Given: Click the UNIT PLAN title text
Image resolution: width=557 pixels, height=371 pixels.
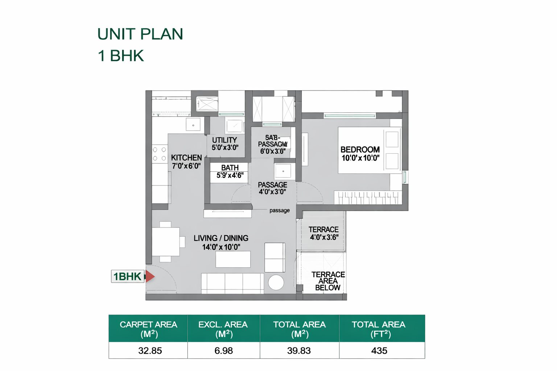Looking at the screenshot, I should (140, 34).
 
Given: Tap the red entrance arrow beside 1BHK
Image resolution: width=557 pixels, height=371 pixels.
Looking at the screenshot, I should (150, 276).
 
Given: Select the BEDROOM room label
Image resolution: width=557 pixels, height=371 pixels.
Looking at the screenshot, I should (360, 154).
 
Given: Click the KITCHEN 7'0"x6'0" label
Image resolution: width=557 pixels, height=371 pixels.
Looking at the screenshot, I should (186, 162).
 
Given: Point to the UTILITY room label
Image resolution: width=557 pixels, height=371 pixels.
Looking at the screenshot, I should (225, 143).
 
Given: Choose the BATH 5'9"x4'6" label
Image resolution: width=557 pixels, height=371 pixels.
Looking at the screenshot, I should (230, 171).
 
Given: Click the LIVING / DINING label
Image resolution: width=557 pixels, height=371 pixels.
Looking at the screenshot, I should (221, 242).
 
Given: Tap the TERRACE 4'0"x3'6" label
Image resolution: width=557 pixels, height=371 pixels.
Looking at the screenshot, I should (323, 233).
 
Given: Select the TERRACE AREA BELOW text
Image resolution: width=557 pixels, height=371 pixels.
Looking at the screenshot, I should (328, 281).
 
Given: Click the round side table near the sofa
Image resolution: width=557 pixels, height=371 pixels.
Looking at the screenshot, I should (276, 283).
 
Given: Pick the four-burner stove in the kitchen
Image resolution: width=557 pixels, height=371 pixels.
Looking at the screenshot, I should (159, 154).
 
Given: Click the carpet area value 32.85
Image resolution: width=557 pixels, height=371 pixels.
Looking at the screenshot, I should (150, 351).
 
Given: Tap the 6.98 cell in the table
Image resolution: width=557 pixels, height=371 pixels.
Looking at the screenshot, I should (223, 351).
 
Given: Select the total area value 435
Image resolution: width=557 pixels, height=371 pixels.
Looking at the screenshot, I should (379, 351).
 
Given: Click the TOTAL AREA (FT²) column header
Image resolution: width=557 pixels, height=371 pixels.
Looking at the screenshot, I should (379, 329).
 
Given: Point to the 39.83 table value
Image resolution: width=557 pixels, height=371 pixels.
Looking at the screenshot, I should (299, 351).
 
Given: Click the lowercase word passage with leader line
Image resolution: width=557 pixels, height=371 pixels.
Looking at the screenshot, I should (279, 210).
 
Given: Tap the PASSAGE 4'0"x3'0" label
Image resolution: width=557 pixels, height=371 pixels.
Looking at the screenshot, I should (272, 188).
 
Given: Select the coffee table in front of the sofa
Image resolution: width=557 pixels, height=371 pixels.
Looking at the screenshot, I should (233, 259).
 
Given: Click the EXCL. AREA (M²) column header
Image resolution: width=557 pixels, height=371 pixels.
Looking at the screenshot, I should (223, 329).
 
